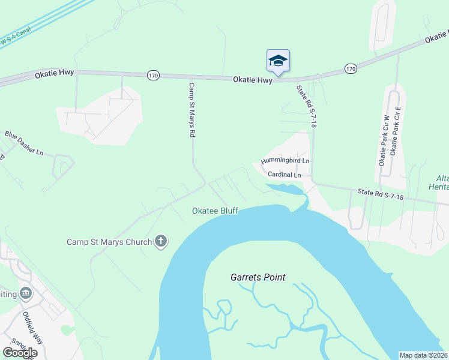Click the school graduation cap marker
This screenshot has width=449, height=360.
(x=278, y=61)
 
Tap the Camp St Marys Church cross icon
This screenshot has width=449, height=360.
(x=161, y=242)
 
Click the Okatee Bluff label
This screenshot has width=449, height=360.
(x=215, y=211)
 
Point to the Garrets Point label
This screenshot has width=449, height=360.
(x=258, y=277)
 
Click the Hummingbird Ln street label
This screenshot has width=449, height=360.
(x=285, y=161)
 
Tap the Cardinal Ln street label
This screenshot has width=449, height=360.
(x=284, y=175)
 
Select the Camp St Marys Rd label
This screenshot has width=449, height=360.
(x=192, y=110)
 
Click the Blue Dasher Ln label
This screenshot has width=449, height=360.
(x=25, y=143)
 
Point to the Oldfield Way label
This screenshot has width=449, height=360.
(x=34, y=326)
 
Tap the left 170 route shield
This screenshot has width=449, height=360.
(x=154, y=75)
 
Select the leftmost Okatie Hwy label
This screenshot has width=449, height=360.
(x=54, y=75)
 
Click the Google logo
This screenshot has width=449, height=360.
(x=20, y=353)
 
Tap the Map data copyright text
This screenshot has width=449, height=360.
(x=423, y=355)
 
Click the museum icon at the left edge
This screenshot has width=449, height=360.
(x=26, y=293)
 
